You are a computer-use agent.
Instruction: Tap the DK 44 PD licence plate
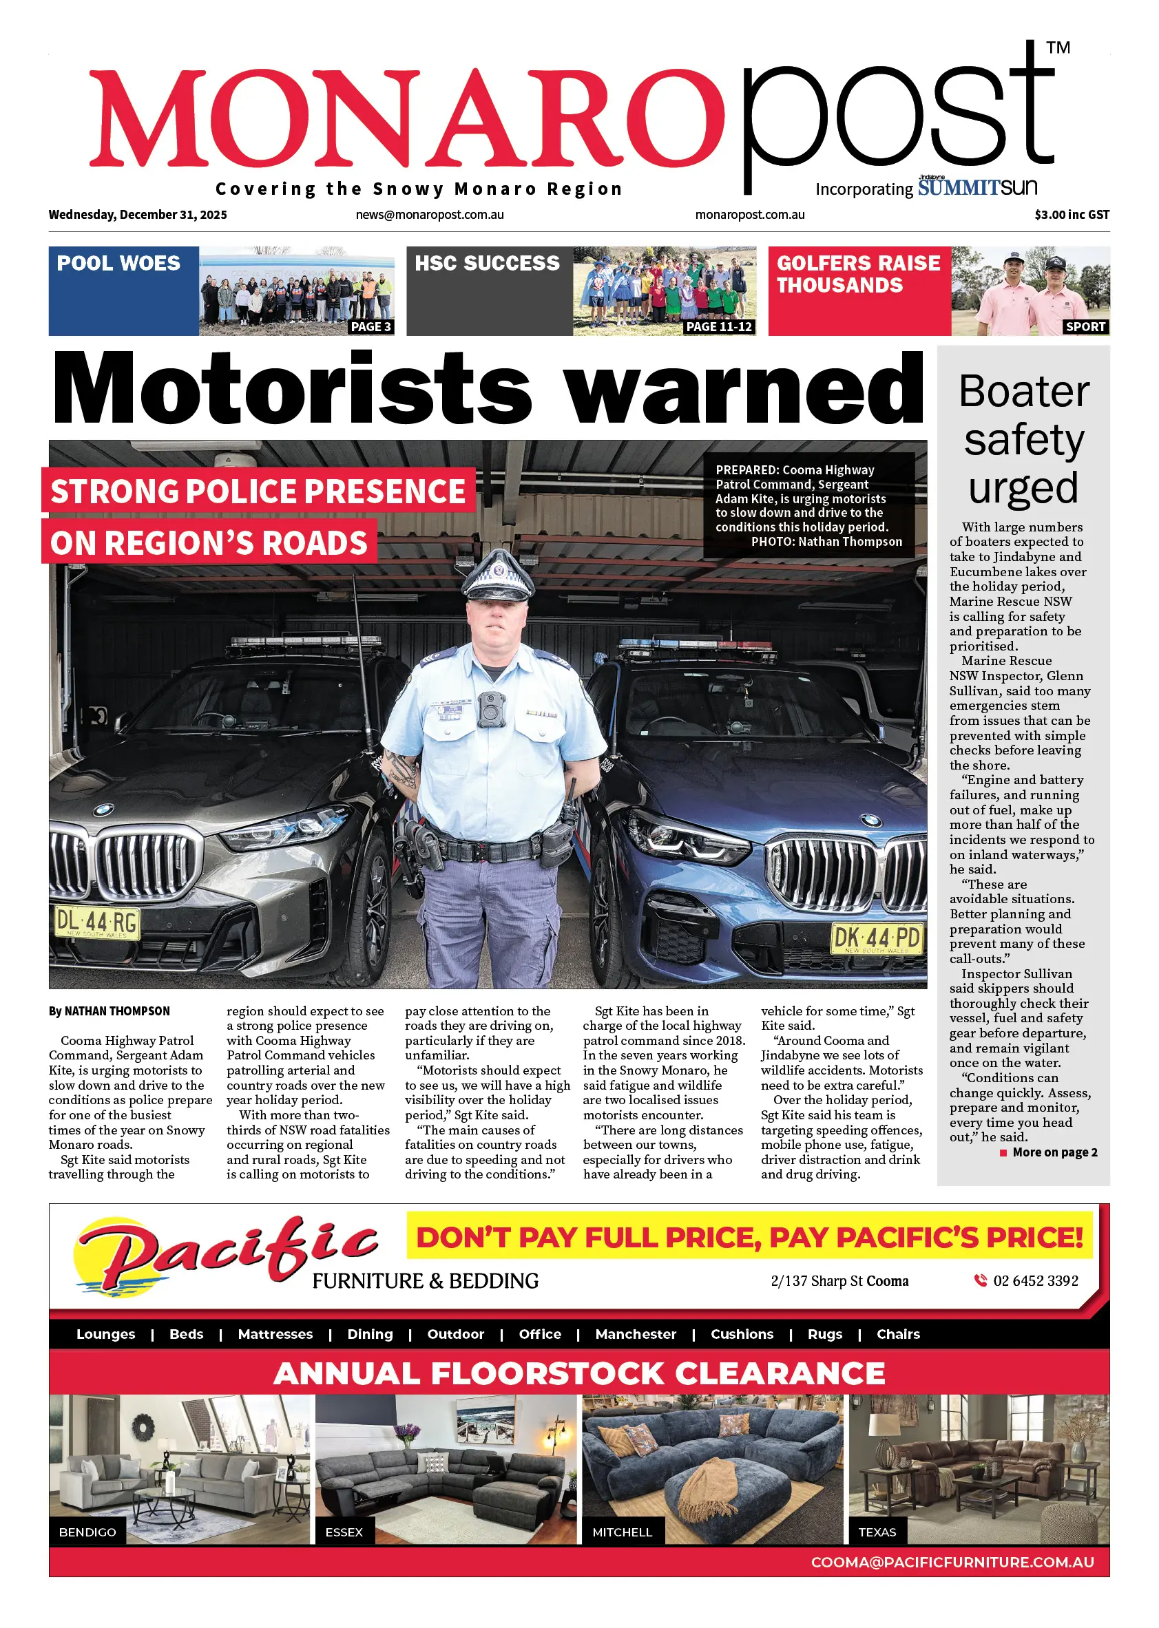(877, 938)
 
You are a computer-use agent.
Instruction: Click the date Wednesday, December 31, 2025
(138, 215)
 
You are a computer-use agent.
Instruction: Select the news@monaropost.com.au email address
(430, 215)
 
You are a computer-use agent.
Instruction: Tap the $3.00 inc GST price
(1072, 215)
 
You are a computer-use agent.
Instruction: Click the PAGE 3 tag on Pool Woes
(370, 327)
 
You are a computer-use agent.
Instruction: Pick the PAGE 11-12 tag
(719, 327)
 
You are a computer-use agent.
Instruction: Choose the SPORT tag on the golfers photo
(1085, 327)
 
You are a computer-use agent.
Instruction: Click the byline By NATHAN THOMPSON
(109, 1011)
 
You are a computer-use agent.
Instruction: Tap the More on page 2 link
(1054, 1152)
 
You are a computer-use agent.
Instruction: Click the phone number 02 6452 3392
(1035, 1280)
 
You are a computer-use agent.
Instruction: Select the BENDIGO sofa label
(87, 1532)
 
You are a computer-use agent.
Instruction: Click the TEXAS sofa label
(877, 1532)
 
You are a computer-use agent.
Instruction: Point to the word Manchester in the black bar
(635, 1334)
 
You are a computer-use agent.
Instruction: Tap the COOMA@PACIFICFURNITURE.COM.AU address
(952, 1562)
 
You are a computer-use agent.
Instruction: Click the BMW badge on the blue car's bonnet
(870, 821)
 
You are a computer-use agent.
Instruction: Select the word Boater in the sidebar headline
(1024, 392)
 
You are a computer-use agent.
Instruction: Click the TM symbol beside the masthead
(1058, 47)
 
